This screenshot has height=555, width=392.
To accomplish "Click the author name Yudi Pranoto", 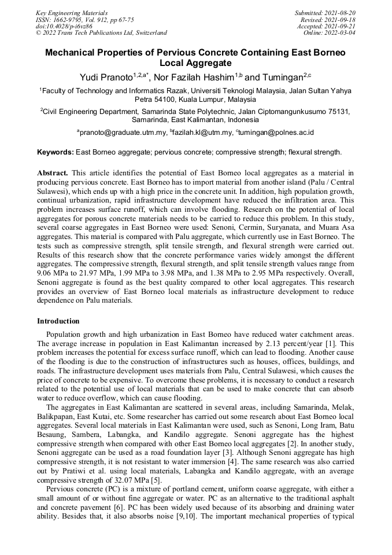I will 106,76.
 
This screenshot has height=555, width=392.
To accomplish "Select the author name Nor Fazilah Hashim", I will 195,76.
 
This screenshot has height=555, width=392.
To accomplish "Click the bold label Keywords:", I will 55,153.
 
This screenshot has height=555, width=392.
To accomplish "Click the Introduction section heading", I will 58,321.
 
